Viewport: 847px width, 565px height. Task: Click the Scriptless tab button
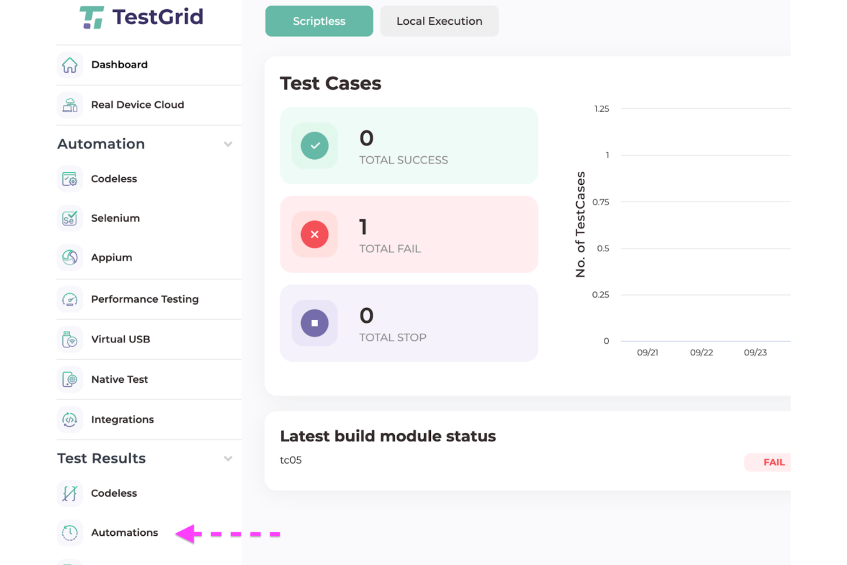pyautogui.click(x=319, y=21)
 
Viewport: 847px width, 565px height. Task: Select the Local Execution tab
pyautogui.click(x=439, y=21)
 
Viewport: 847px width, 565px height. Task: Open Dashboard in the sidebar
pyautogui.click(x=119, y=65)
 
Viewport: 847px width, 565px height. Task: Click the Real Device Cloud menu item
pyautogui.click(x=137, y=105)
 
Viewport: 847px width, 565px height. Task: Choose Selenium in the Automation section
pyautogui.click(x=115, y=218)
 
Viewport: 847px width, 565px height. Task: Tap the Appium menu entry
pyautogui.click(x=112, y=258)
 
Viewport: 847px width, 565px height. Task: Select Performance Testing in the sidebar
pyautogui.click(x=145, y=299)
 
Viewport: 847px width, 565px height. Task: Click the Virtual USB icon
pyautogui.click(x=70, y=339)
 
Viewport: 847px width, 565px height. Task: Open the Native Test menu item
pyautogui.click(x=119, y=380)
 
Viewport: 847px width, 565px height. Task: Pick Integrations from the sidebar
pyautogui.click(x=122, y=420)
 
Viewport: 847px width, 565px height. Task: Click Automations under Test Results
pyautogui.click(x=124, y=532)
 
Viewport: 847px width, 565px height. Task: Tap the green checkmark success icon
pyautogui.click(x=315, y=145)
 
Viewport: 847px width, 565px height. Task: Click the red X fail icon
pyautogui.click(x=315, y=234)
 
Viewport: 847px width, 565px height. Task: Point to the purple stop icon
pyautogui.click(x=315, y=323)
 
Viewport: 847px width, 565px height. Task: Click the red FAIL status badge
pyautogui.click(x=773, y=463)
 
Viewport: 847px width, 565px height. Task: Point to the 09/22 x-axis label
pyautogui.click(x=701, y=353)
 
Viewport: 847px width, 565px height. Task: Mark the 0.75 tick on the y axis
pyautogui.click(x=601, y=202)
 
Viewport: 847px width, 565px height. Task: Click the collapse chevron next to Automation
pyautogui.click(x=228, y=144)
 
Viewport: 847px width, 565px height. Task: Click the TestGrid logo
pyautogui.click(x=141, y=17)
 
